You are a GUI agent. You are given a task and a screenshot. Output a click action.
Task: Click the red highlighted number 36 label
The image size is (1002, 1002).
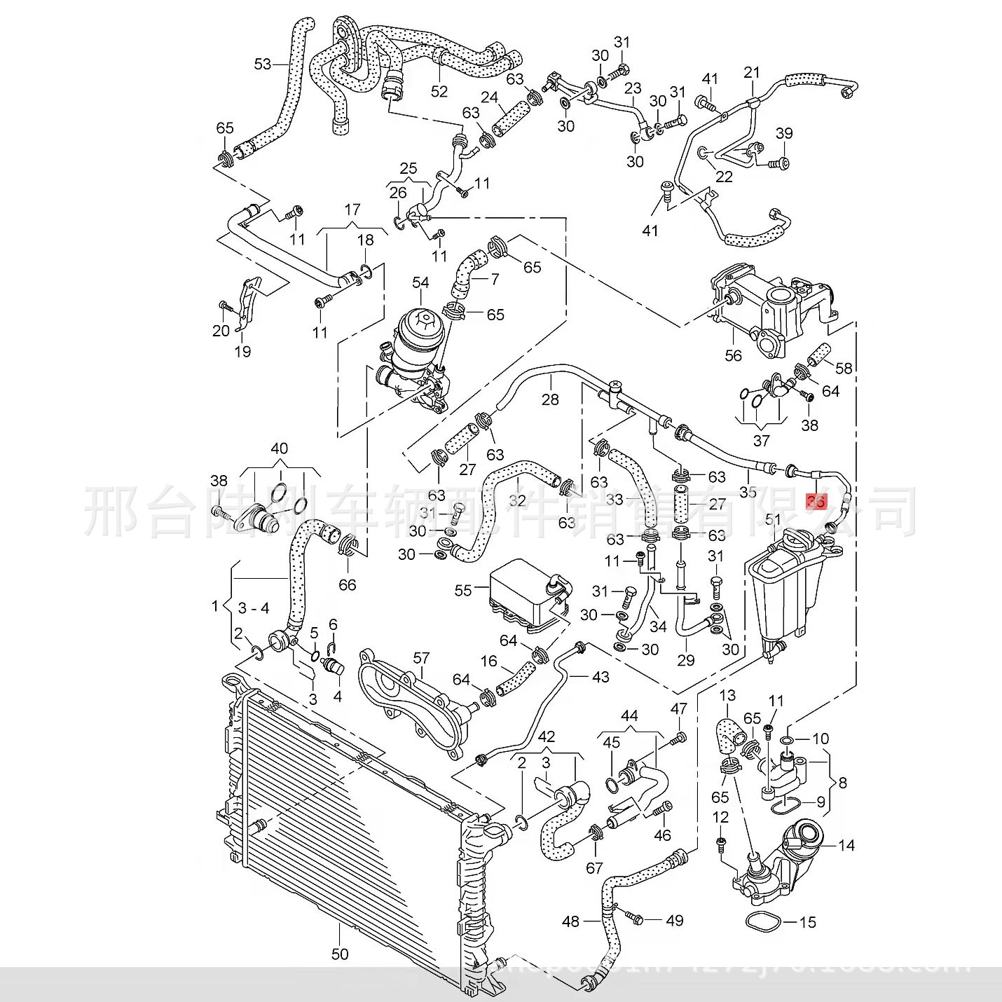[816, 501]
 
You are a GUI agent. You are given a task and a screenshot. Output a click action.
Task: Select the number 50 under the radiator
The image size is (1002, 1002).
[340, 954]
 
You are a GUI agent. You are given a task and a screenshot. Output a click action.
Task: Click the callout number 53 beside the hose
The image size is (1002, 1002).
[262, 64]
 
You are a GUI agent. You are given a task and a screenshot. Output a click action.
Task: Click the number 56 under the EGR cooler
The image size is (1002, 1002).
[733, 355]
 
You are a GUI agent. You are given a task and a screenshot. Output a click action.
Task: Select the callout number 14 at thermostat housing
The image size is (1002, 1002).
[846, 846]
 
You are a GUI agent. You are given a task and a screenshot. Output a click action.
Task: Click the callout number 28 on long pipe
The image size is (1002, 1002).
[551, 399]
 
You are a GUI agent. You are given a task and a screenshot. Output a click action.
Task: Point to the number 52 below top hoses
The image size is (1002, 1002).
[439, 92]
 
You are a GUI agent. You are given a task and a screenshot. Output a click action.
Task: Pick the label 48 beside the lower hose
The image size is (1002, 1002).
[571, 920]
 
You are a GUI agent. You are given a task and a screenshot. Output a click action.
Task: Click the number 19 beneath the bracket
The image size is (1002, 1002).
[243, 351]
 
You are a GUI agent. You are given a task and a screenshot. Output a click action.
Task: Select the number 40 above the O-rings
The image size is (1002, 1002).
[279, 448]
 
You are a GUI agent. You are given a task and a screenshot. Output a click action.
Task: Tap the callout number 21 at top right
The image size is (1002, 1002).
[752, 73]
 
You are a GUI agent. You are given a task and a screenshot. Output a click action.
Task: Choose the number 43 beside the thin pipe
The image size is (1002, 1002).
[600, 677]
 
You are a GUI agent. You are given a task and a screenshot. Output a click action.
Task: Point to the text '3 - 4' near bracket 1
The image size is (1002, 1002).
[254, 608]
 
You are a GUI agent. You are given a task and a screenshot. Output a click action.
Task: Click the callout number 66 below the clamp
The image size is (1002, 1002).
[348, 584]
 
